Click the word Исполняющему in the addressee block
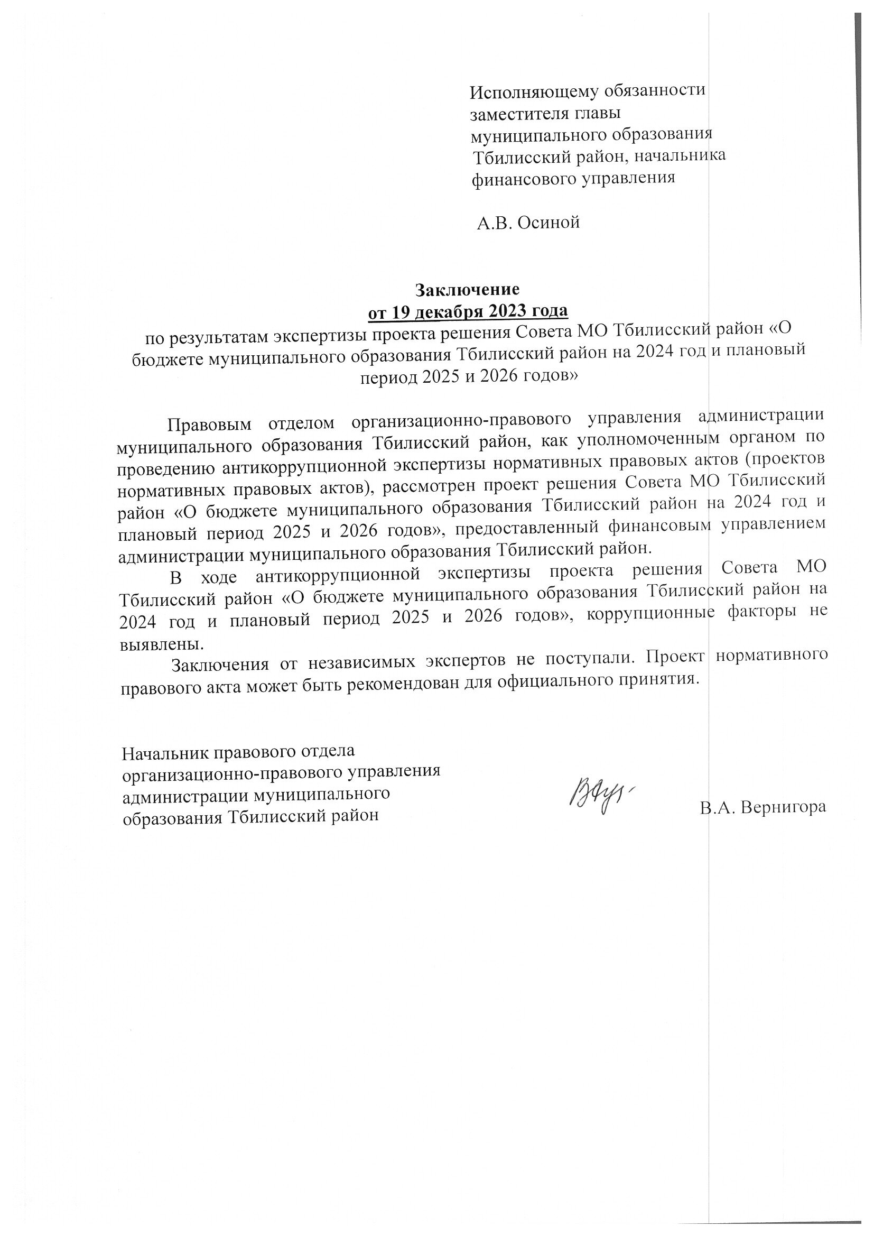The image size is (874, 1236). [x=524, y=93]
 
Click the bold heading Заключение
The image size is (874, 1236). [x=467, y=290]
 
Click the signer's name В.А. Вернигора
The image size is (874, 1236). [x=763, y=807]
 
